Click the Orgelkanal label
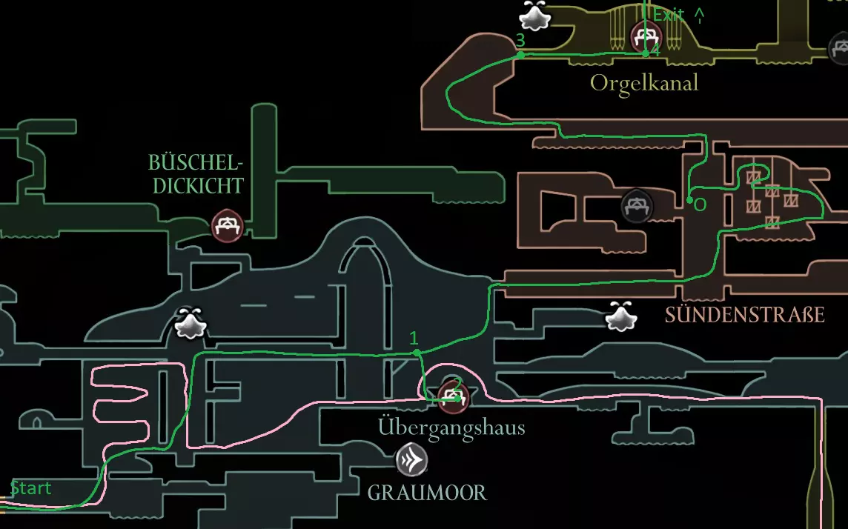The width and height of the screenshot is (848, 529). point(644,82)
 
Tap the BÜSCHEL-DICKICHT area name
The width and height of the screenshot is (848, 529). point(196,173)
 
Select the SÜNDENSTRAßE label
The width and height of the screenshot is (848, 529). point(744,315)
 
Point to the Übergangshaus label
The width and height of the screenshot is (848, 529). point(451,427)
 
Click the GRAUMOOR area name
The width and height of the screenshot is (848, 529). point(427,492)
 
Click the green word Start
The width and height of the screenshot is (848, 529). point(31,488)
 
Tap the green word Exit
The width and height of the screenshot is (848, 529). point(668,15)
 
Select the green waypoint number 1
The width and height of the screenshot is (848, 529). point(414,338)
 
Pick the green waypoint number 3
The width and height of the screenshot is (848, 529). point(520,40)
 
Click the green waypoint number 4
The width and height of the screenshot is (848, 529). point(655,50)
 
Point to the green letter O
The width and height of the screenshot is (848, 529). point(700,204)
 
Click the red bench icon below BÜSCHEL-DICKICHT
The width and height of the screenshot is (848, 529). point(227,224)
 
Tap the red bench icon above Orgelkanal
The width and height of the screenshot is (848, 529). point(645,35)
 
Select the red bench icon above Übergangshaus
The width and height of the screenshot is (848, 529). point(452,397)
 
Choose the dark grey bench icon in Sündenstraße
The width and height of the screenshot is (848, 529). point(636,206)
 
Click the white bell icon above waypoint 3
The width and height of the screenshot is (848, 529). point(534,14)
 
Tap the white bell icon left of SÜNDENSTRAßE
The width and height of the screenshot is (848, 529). point(620,316)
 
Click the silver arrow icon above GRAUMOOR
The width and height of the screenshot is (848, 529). point(411,459)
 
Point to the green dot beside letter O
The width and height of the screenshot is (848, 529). point(690,200)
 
